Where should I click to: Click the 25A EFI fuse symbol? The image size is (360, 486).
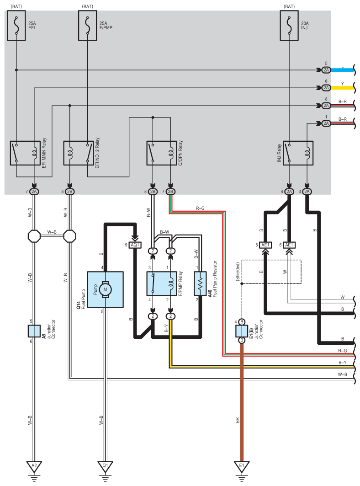pos(17,27)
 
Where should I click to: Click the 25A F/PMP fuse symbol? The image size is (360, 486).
pos(88,27)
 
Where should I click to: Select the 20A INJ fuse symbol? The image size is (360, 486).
pos(291,27)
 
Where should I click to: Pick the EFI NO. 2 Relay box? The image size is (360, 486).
pos(79,153)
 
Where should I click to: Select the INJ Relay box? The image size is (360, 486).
pos(298,153)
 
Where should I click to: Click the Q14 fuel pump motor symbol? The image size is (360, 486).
pos(105,289)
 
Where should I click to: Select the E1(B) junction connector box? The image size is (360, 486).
pos(242,331)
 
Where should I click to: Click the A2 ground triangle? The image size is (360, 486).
pos(33,466)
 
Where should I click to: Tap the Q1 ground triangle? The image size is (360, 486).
pos(105,466)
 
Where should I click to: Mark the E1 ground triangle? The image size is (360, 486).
pos(242,466)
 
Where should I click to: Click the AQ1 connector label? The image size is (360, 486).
pos(135,245)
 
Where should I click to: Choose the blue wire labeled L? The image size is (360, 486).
pos(343,70)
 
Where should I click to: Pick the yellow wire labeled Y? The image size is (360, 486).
pos(343,87)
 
